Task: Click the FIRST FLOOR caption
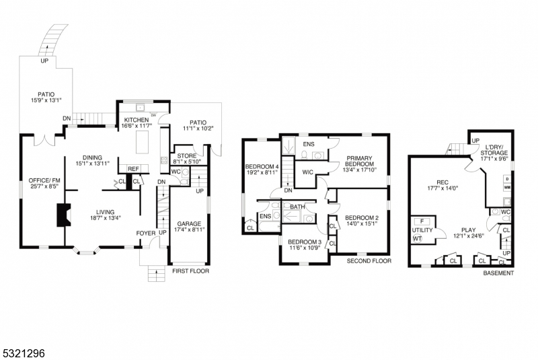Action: click(x=191, y=272)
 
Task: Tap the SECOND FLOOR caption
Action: click(x=369, y=261)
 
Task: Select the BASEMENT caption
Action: click(x=499, y=273)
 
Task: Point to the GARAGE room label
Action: click(x=189, y=223)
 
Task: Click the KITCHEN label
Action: click(x=136, y=120)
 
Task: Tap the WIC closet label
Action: click(x=309, y=172)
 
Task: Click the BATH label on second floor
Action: click(x=298, y=207)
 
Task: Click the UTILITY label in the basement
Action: click(x=422, y=229)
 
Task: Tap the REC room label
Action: click(x=442, y=182)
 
